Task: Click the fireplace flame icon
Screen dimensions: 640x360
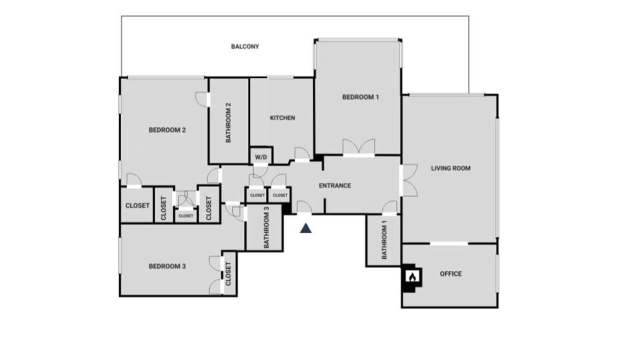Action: [412, 277]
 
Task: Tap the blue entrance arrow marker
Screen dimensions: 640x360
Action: [305, 228]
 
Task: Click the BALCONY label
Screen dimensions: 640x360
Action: [245, 46]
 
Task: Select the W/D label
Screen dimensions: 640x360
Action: [261, 157]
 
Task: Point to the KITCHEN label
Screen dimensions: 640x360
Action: [282, 117]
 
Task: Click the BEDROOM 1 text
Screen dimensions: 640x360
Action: [360, 97]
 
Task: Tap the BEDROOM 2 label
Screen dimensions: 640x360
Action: [167, 130]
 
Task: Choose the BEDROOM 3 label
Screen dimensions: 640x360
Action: [167, 266]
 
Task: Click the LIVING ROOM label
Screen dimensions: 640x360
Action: [450, 168]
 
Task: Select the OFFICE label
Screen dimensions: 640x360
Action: [450, 273]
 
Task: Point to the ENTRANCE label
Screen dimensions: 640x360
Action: [335, 185]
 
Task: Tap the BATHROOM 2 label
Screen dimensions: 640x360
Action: [228, 122]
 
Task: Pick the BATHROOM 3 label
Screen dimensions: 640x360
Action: [266, 227]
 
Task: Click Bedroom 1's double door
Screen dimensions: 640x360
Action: [358, 147]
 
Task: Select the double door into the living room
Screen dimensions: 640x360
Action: [409, 180]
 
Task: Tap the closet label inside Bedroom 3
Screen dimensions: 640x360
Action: [228, 273]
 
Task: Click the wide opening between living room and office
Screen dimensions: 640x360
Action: [449, 243]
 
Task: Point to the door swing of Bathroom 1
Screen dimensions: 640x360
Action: [389, 207]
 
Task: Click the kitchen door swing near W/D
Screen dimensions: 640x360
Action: [302, 154]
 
